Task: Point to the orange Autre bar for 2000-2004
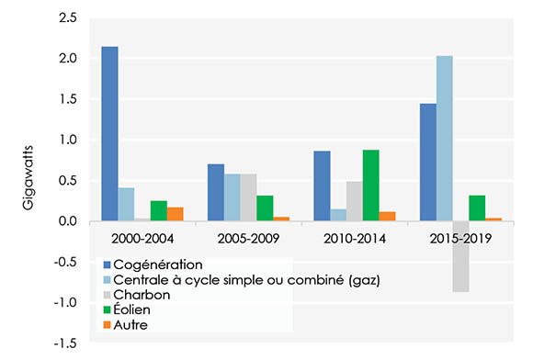tap(176, 214)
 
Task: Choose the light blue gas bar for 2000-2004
tap(126, 204)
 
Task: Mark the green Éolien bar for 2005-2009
tap(265, 208)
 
